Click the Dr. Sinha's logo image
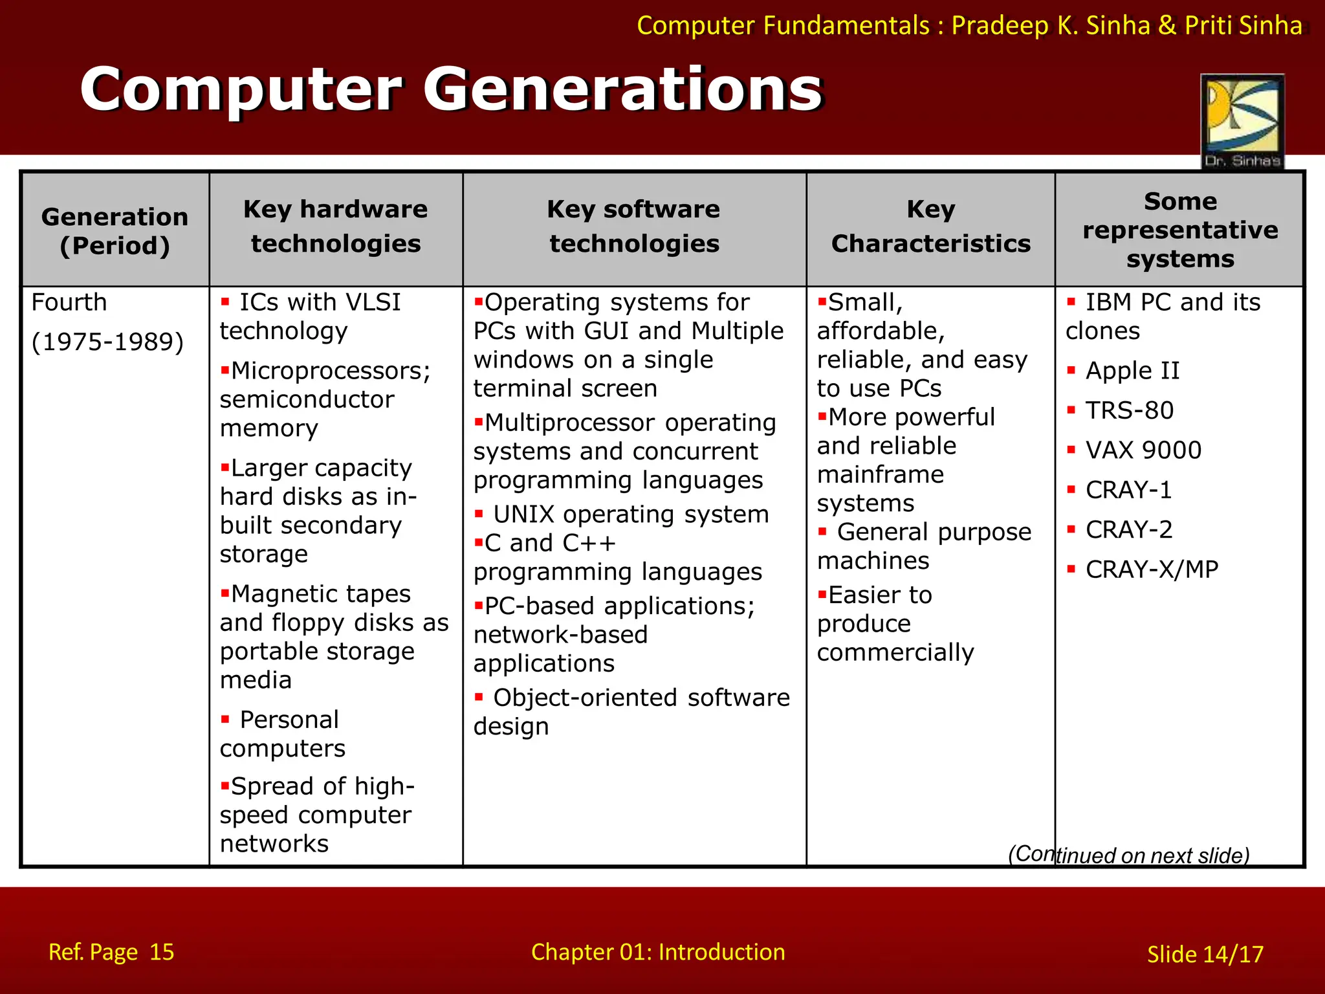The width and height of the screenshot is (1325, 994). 1242,122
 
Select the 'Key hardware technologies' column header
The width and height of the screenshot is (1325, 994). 336,226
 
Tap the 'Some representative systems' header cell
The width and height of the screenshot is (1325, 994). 1180,230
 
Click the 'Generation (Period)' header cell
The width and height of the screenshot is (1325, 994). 115,231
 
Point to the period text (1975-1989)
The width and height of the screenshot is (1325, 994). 107,342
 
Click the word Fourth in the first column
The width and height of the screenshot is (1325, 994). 69,302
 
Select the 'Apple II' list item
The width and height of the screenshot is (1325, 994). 1132,371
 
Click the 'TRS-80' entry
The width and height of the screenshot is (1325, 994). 1129,410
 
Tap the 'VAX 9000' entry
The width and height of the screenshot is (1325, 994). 1143,450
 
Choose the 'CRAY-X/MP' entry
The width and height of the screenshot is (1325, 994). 1152,569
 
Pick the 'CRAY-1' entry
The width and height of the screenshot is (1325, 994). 1128,490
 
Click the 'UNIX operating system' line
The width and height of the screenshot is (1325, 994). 631,514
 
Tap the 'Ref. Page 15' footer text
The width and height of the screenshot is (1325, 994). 111,952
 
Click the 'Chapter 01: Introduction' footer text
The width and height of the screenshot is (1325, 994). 658,952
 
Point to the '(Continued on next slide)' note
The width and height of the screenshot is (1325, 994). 1128,855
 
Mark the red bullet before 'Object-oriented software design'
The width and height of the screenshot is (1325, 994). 479,697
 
